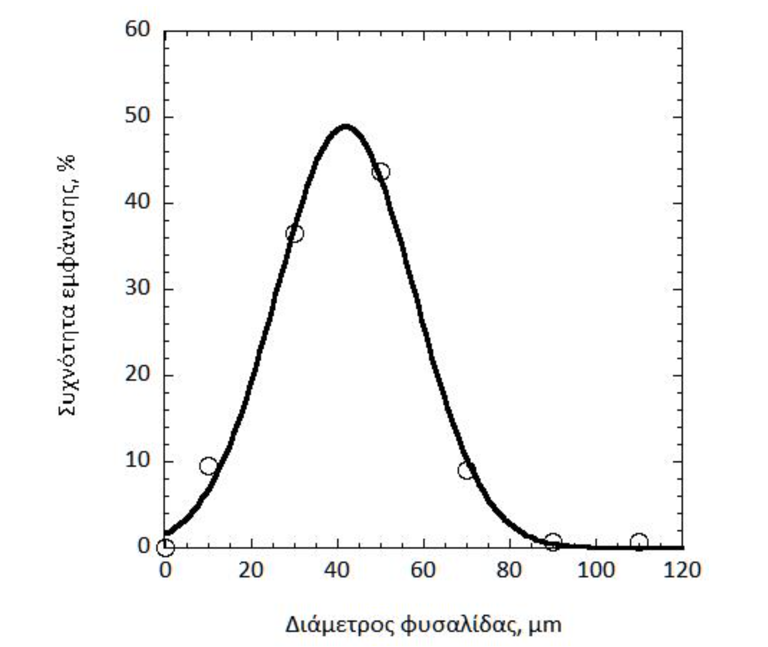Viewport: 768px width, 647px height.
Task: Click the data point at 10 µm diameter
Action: point(208,466)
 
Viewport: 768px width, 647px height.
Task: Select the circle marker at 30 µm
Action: point(294,233)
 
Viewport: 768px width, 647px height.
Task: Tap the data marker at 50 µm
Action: point(381,172)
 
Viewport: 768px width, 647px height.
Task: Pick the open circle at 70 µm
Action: point(467,471)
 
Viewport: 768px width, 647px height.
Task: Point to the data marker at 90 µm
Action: point(553,542)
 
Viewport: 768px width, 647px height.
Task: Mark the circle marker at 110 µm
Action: point(639,542)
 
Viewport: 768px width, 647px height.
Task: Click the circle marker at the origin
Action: point(165,548)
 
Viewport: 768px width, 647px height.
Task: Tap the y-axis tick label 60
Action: point(138,29)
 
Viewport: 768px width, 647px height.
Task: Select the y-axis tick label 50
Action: point(138,116)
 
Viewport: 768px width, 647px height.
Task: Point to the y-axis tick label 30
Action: point(138,288)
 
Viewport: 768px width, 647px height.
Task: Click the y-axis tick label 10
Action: point(138,460)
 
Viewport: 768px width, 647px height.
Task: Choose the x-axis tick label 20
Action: point(251,570)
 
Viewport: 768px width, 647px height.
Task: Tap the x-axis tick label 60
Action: point(423,570)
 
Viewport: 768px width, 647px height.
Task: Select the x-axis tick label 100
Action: point(596,570)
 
